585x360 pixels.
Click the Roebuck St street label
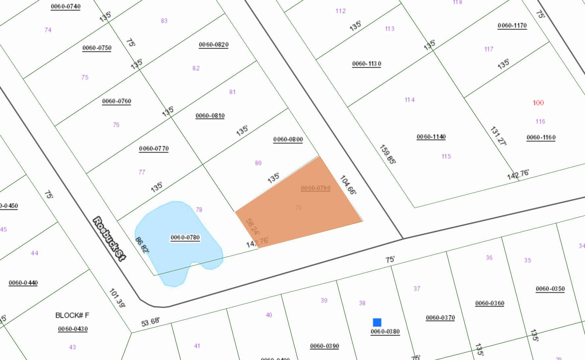(109, 239)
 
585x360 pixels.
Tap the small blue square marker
(377, 322)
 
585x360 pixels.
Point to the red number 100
(538, 103)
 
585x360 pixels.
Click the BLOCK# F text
(72, 315)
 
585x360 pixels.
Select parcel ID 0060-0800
(288, 139)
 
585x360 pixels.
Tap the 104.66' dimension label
(348, 185)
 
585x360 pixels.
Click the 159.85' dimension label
(387, 154)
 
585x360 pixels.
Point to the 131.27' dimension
(498, 136)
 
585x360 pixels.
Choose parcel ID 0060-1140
(431, 137)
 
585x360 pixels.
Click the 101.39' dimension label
(117, 298)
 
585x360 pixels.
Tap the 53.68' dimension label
(151, 321)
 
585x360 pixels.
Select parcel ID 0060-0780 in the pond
(185, 237)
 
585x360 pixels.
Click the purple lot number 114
(409, 100)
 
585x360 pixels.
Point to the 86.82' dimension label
(142, 245)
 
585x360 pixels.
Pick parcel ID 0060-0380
(385, 331)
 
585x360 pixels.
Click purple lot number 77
(142, 172)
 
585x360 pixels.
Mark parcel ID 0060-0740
(65, 6)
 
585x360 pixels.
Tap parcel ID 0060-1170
(512, 25)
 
